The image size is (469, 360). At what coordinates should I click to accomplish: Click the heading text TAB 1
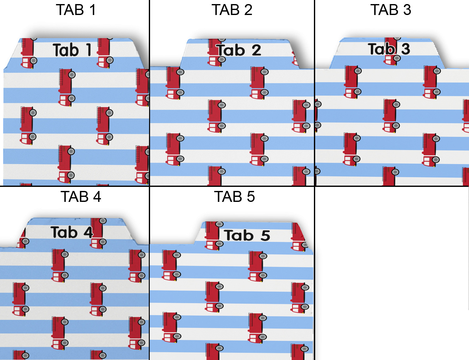76,10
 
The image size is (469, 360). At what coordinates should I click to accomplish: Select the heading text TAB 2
232,10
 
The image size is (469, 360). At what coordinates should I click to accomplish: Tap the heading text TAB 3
391,10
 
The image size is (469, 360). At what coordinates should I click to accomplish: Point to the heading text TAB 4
81,197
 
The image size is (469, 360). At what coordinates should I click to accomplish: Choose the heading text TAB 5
234,197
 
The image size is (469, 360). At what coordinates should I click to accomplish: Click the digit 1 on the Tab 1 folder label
88,50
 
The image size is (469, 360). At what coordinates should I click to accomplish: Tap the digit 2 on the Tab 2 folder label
256,50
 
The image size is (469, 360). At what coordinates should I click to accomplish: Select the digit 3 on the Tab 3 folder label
406,49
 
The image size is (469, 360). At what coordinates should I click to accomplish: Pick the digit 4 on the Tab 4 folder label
88,232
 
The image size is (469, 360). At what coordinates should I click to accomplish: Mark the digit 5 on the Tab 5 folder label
265,236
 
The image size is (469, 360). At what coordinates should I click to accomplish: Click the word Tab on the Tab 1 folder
66,50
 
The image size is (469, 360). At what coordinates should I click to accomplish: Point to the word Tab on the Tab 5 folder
239,235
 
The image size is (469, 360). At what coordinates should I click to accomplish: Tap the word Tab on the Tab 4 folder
64,232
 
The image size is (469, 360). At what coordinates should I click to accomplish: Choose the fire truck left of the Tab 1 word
28,52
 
